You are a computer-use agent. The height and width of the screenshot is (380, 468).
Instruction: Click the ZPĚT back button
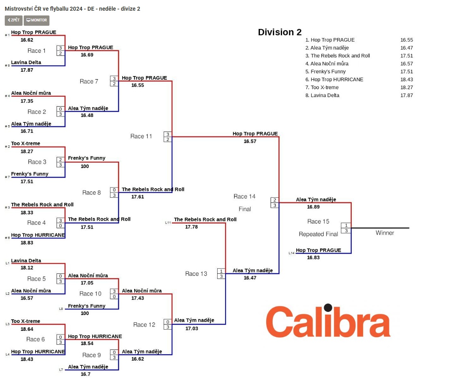coord(13,20)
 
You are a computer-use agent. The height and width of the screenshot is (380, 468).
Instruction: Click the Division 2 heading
coord(280,32)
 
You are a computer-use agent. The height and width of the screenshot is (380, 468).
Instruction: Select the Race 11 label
coord(141,136)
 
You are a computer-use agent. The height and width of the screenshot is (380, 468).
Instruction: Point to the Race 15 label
coord(318,222)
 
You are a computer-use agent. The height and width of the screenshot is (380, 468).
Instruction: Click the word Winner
coord(385,233)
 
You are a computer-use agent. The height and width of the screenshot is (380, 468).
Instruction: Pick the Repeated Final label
coord(318,234)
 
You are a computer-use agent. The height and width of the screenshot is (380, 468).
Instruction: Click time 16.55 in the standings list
coord(406,40)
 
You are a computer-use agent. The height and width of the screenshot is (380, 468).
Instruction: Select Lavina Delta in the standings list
coord(325,95)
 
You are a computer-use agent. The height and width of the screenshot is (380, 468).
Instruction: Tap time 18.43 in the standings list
coord(406,80)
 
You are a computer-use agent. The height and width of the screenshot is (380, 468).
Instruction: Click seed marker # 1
coord(7,35)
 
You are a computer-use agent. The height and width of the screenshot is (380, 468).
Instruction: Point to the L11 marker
coord(168,223)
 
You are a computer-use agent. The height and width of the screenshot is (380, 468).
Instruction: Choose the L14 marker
coord(292,253)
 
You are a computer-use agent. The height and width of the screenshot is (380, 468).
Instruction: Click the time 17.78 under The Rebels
coord(191,227)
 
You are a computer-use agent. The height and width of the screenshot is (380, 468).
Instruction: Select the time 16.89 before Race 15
coord(313,207)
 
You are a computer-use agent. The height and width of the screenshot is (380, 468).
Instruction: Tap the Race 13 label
coord(196,274)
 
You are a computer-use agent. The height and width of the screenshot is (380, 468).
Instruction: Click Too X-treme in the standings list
coord(324,88)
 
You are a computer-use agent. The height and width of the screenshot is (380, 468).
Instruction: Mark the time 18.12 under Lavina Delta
coord(27,268)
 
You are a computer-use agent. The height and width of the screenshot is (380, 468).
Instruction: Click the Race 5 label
coord(36,279)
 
